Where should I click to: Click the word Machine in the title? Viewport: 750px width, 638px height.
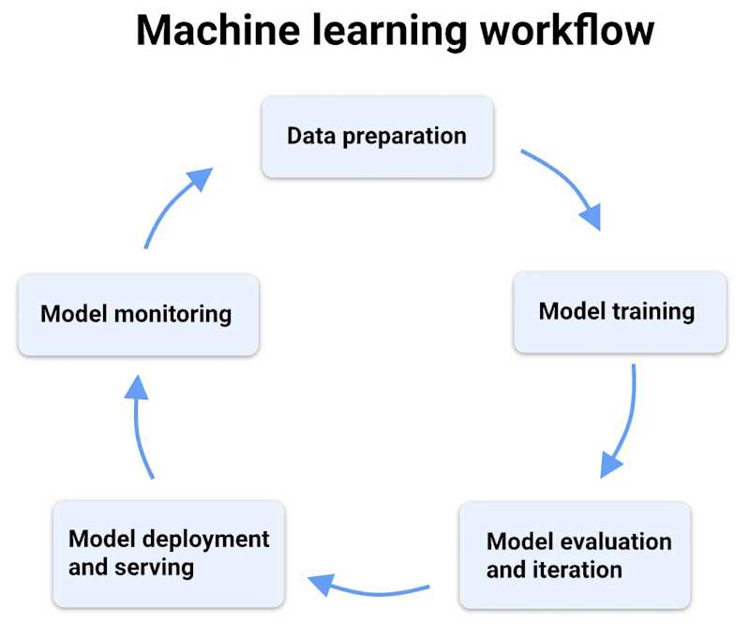point(218,30)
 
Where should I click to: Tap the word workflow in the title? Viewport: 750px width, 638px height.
point(567,30)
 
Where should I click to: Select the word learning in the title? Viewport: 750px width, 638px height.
point(390,32)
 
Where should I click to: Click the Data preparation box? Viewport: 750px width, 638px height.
point(378,137)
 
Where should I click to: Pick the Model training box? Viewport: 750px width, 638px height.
point(620,312)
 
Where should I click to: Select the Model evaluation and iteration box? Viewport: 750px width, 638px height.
point(575,556)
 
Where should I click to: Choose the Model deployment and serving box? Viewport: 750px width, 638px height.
point(169,554)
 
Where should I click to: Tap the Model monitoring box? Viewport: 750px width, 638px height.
point(138,315)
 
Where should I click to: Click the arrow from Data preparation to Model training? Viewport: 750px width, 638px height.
point(570,181)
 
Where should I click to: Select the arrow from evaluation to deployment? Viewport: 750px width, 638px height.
point(373,593)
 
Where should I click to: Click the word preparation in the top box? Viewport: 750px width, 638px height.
point(405,137)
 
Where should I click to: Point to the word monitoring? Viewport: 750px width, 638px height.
point(173,316)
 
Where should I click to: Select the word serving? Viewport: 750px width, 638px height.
point(155,569)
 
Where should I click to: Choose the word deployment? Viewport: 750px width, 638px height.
point(206,541)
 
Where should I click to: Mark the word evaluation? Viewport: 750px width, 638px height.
point(616,542)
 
